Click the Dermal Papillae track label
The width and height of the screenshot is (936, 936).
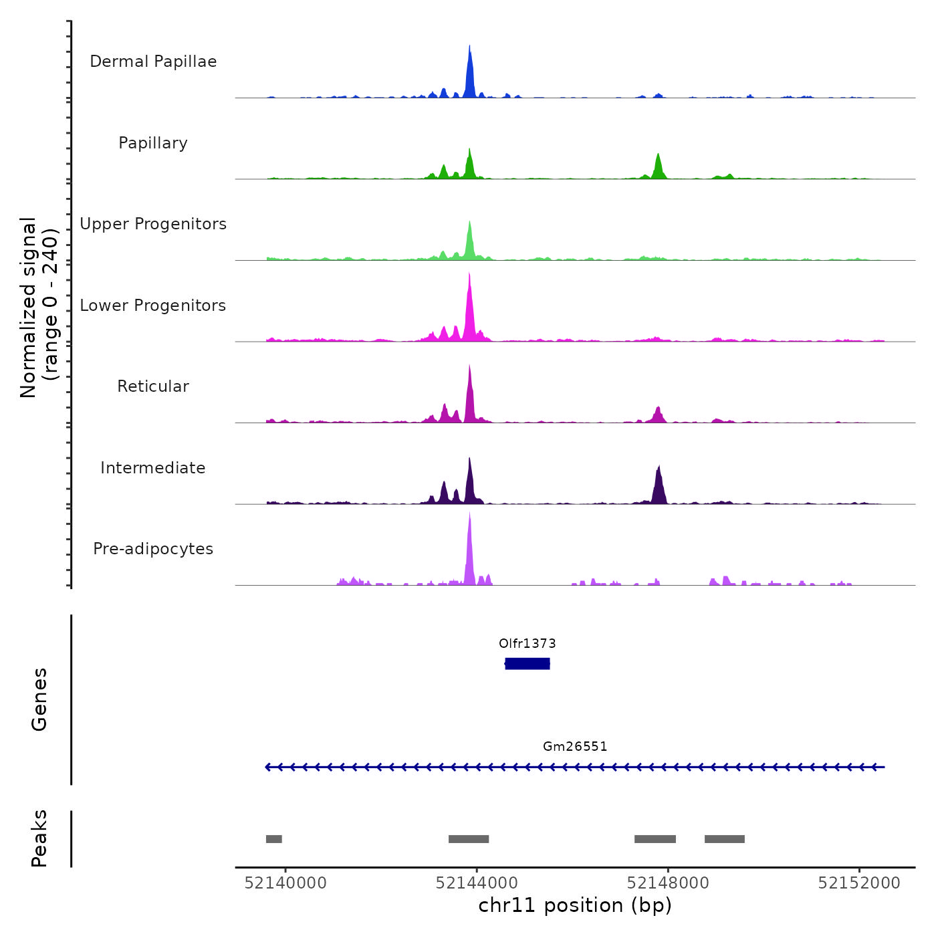point(153,62)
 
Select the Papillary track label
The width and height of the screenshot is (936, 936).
point(153,143)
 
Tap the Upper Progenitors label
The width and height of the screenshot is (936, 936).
point(153,224)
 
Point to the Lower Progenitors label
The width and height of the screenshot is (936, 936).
point(153,306)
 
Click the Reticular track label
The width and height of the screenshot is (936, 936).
point(153,386)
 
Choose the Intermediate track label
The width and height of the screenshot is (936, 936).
point(153,468)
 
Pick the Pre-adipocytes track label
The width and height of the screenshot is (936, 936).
point(153,549)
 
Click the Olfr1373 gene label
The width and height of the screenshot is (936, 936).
point(528,644)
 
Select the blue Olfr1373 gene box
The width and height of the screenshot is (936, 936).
point(528,663)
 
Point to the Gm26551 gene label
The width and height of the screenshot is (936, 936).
point(575,747)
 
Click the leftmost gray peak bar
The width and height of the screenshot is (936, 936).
point(274,839)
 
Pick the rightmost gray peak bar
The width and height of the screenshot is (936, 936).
point(725,839)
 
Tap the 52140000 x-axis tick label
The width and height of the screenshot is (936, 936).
point(285,883)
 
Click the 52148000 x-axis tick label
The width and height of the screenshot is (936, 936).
point(668,883)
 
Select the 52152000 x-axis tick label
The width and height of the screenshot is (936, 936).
point(859,883)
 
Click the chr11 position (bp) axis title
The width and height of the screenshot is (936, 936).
point(575,906)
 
